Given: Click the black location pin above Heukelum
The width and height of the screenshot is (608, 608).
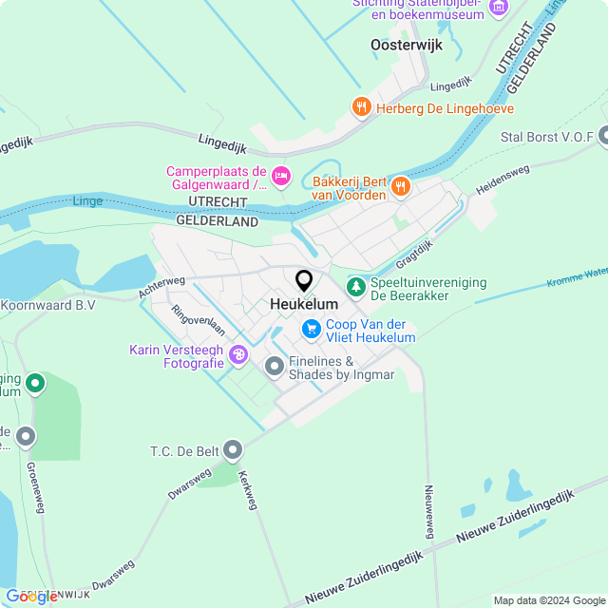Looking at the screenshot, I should point(304,281).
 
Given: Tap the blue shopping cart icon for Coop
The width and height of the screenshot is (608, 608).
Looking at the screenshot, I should point(311,329).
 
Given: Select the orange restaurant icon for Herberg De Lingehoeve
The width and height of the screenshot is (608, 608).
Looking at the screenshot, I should point(361,107).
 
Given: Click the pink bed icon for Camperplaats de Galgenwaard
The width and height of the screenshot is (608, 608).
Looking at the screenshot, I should point(280,175).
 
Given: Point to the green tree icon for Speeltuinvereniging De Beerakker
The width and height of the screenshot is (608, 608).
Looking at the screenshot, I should point(355,285).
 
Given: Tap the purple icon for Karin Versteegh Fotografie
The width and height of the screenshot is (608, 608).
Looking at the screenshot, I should point(237,354).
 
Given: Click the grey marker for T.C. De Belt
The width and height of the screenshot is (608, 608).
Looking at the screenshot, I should point(233,449).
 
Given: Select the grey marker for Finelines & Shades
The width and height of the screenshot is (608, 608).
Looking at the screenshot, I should point(275,366).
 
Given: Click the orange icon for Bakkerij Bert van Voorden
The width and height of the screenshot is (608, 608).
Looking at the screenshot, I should point(400,186).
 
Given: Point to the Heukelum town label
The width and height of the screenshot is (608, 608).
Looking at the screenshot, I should point(304,304).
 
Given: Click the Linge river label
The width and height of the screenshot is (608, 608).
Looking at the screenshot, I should point(86,201).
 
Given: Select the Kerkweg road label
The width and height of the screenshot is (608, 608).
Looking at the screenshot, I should point(248,489).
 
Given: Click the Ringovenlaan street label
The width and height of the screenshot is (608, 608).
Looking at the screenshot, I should point(198,321).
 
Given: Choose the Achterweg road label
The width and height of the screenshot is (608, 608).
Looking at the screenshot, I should point(161,286).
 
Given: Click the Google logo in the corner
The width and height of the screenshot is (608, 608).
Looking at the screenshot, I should point(30,596).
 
